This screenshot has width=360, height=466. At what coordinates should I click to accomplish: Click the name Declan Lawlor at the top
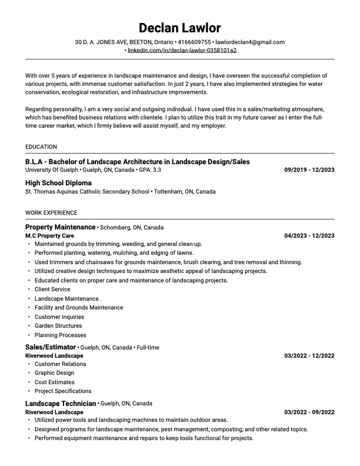(180, 28)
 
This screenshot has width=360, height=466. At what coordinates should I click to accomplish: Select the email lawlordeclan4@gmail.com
(250, 42)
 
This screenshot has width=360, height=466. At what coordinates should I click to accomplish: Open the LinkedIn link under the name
(182, 51)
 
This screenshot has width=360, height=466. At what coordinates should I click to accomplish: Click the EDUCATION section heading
(41, 147)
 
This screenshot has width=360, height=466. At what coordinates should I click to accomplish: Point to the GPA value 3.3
(156, 169)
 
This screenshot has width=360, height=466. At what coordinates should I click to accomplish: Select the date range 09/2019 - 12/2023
(309, 169)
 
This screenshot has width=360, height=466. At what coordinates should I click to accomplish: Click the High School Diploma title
(58, 183)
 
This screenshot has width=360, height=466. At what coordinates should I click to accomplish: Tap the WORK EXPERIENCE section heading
(51, 212)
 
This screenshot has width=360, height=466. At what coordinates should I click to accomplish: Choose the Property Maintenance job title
(60, 227)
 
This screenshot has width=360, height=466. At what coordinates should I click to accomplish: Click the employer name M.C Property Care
(49, 235)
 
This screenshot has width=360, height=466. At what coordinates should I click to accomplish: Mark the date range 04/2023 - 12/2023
(309, 235)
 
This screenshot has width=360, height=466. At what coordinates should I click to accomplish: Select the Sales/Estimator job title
(51, 347)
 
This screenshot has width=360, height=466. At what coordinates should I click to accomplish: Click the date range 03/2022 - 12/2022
(309, 355)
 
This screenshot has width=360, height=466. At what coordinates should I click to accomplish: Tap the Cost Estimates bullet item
(55, 382)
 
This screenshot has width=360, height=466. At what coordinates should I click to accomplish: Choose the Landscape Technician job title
(61, 404)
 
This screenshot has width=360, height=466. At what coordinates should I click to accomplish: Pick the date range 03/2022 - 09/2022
(309, 412)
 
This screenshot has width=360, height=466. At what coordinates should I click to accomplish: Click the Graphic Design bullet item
(55, 372)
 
